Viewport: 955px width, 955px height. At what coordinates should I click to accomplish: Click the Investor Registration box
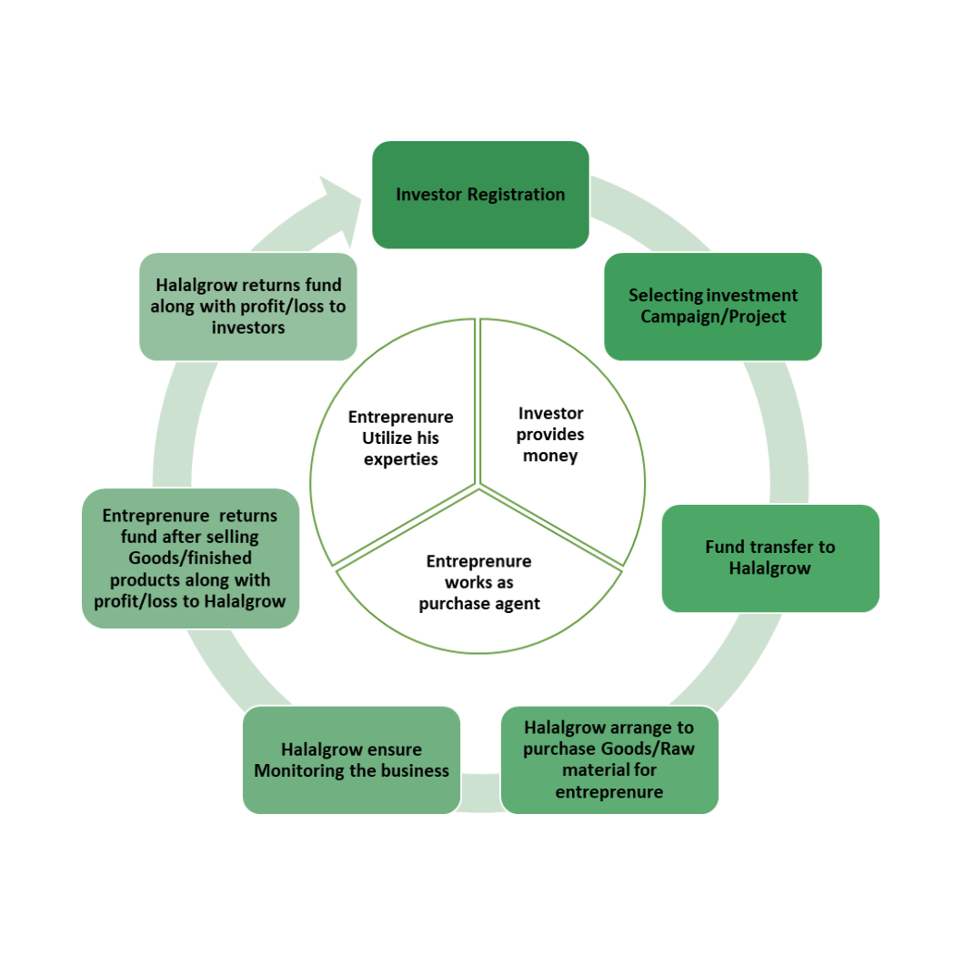tap(480, 195)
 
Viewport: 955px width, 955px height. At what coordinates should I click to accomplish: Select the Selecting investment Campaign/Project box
tap(713, 307)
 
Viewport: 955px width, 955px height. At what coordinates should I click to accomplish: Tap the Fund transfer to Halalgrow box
tap(770, 558)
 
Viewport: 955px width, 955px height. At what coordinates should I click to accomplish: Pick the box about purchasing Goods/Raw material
tap(609, 759)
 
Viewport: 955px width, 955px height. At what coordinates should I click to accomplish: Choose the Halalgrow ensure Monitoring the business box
tap(351, 759)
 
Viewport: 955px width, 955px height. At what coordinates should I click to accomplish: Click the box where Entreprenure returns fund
tap(190, 558)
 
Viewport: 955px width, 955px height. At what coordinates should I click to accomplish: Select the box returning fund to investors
tap(247, 307)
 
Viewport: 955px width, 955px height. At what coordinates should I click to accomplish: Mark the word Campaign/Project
tap(713, 317)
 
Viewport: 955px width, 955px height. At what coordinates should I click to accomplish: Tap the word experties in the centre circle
tap(401, 458)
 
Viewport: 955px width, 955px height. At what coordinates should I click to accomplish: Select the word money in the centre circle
tap(550, 456)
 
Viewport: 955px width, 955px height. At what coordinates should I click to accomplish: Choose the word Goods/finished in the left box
tap(190, 558)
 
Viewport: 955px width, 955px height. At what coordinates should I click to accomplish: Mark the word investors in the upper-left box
tap(248, 327)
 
